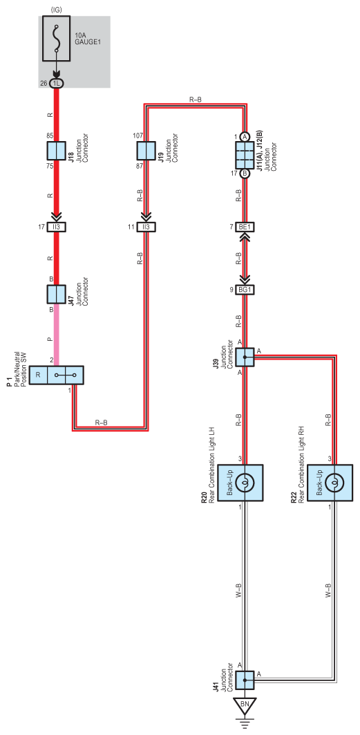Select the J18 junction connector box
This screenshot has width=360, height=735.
click(x=57, y=151)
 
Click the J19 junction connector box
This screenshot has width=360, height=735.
click(x=146, y=151)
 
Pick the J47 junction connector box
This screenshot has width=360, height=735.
click(x=57, y=294)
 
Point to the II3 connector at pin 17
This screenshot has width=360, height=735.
click(x=57, y=227)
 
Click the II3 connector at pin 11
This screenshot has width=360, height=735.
click(x=146, y=227)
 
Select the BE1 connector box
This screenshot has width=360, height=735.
click(x=245, y=227)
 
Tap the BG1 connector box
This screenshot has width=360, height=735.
click(x=245, y=290)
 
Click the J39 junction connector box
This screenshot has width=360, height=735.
click(x=245, y=357)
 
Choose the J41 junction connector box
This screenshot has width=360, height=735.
click(x=245, y=680)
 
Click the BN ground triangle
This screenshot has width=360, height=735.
click(x=245, y=707)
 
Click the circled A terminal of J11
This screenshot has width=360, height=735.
click(x=245, y=137)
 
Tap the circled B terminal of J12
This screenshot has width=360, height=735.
click(x=245, y=174)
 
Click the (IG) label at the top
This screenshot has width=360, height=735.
click(x=57, y=8)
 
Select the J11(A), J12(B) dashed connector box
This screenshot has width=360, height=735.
click(x=245, y=155)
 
